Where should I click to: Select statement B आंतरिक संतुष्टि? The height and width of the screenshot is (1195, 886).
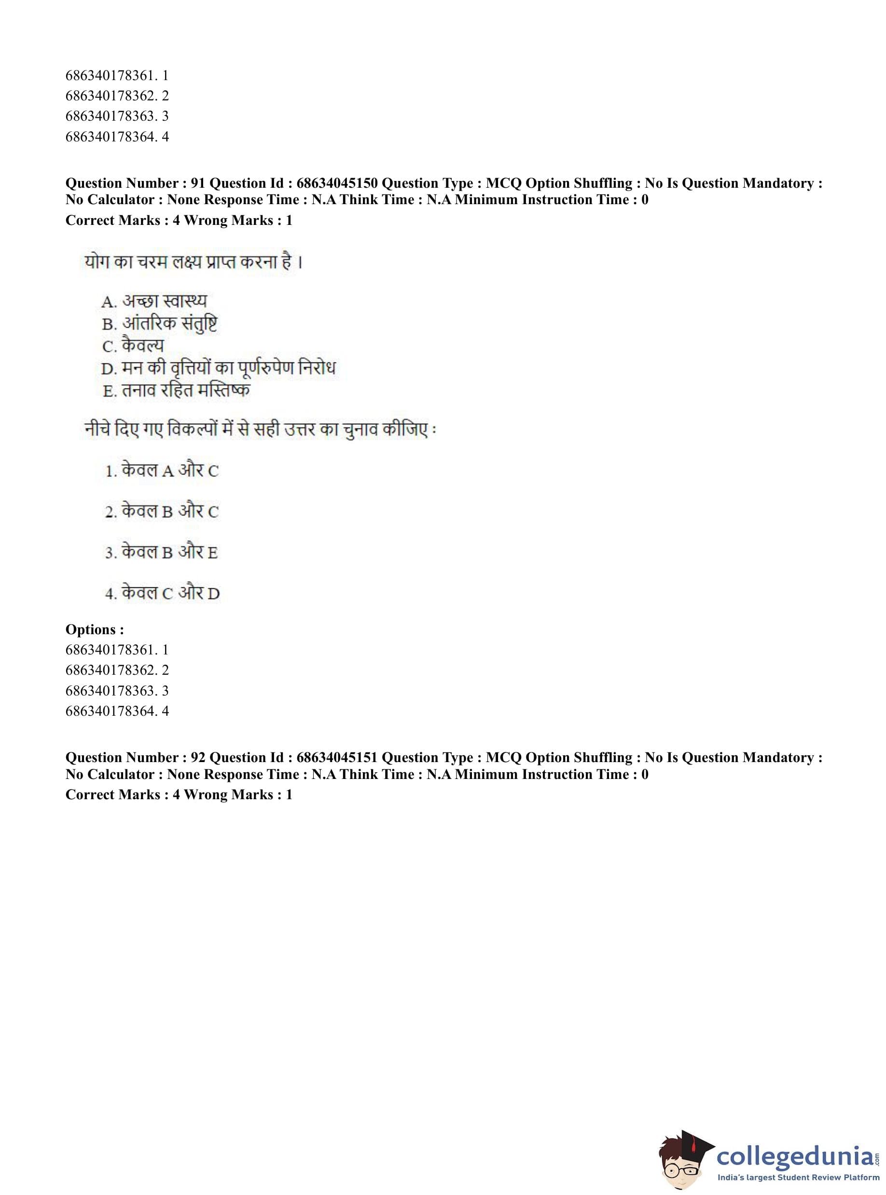[159, 323]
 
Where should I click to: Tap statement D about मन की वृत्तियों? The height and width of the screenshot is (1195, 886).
[218, 368]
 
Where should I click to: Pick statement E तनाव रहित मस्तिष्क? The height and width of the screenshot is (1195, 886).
[177, 390]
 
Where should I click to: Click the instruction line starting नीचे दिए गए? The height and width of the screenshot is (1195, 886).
[260, 430]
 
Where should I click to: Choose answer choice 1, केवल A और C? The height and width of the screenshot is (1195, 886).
[162, 471]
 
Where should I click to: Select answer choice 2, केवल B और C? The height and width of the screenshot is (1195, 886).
[162, 512]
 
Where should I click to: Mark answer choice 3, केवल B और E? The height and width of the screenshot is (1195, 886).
[162, 553]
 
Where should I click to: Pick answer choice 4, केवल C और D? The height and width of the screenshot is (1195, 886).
[163, 593]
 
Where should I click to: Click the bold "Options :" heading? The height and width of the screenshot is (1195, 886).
[95, 630]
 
